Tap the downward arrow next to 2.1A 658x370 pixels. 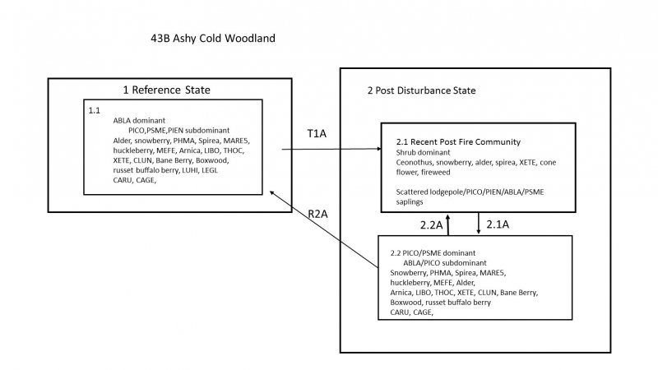click(x=479, y=223)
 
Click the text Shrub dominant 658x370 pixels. click(x=423, y=152)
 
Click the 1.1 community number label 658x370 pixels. click(x=95, y=109)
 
